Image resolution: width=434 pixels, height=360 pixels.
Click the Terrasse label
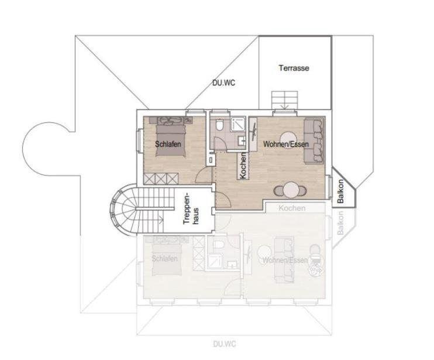(294, 68)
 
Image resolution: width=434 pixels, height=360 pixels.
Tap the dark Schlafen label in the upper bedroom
(167, 143)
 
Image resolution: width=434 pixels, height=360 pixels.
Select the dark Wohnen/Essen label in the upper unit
(285, 143)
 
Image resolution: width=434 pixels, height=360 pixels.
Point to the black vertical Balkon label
(340, 189)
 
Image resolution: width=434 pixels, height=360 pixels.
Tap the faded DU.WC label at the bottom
(225, 344)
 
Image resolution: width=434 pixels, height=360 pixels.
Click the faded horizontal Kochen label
(292, 208)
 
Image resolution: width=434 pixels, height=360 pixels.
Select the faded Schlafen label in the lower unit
(164, 258)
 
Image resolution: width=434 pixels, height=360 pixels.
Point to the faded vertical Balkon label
(341, 222)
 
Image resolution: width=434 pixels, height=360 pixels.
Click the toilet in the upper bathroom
(218, 125)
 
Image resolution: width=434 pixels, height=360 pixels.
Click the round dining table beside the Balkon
(291, 190)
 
